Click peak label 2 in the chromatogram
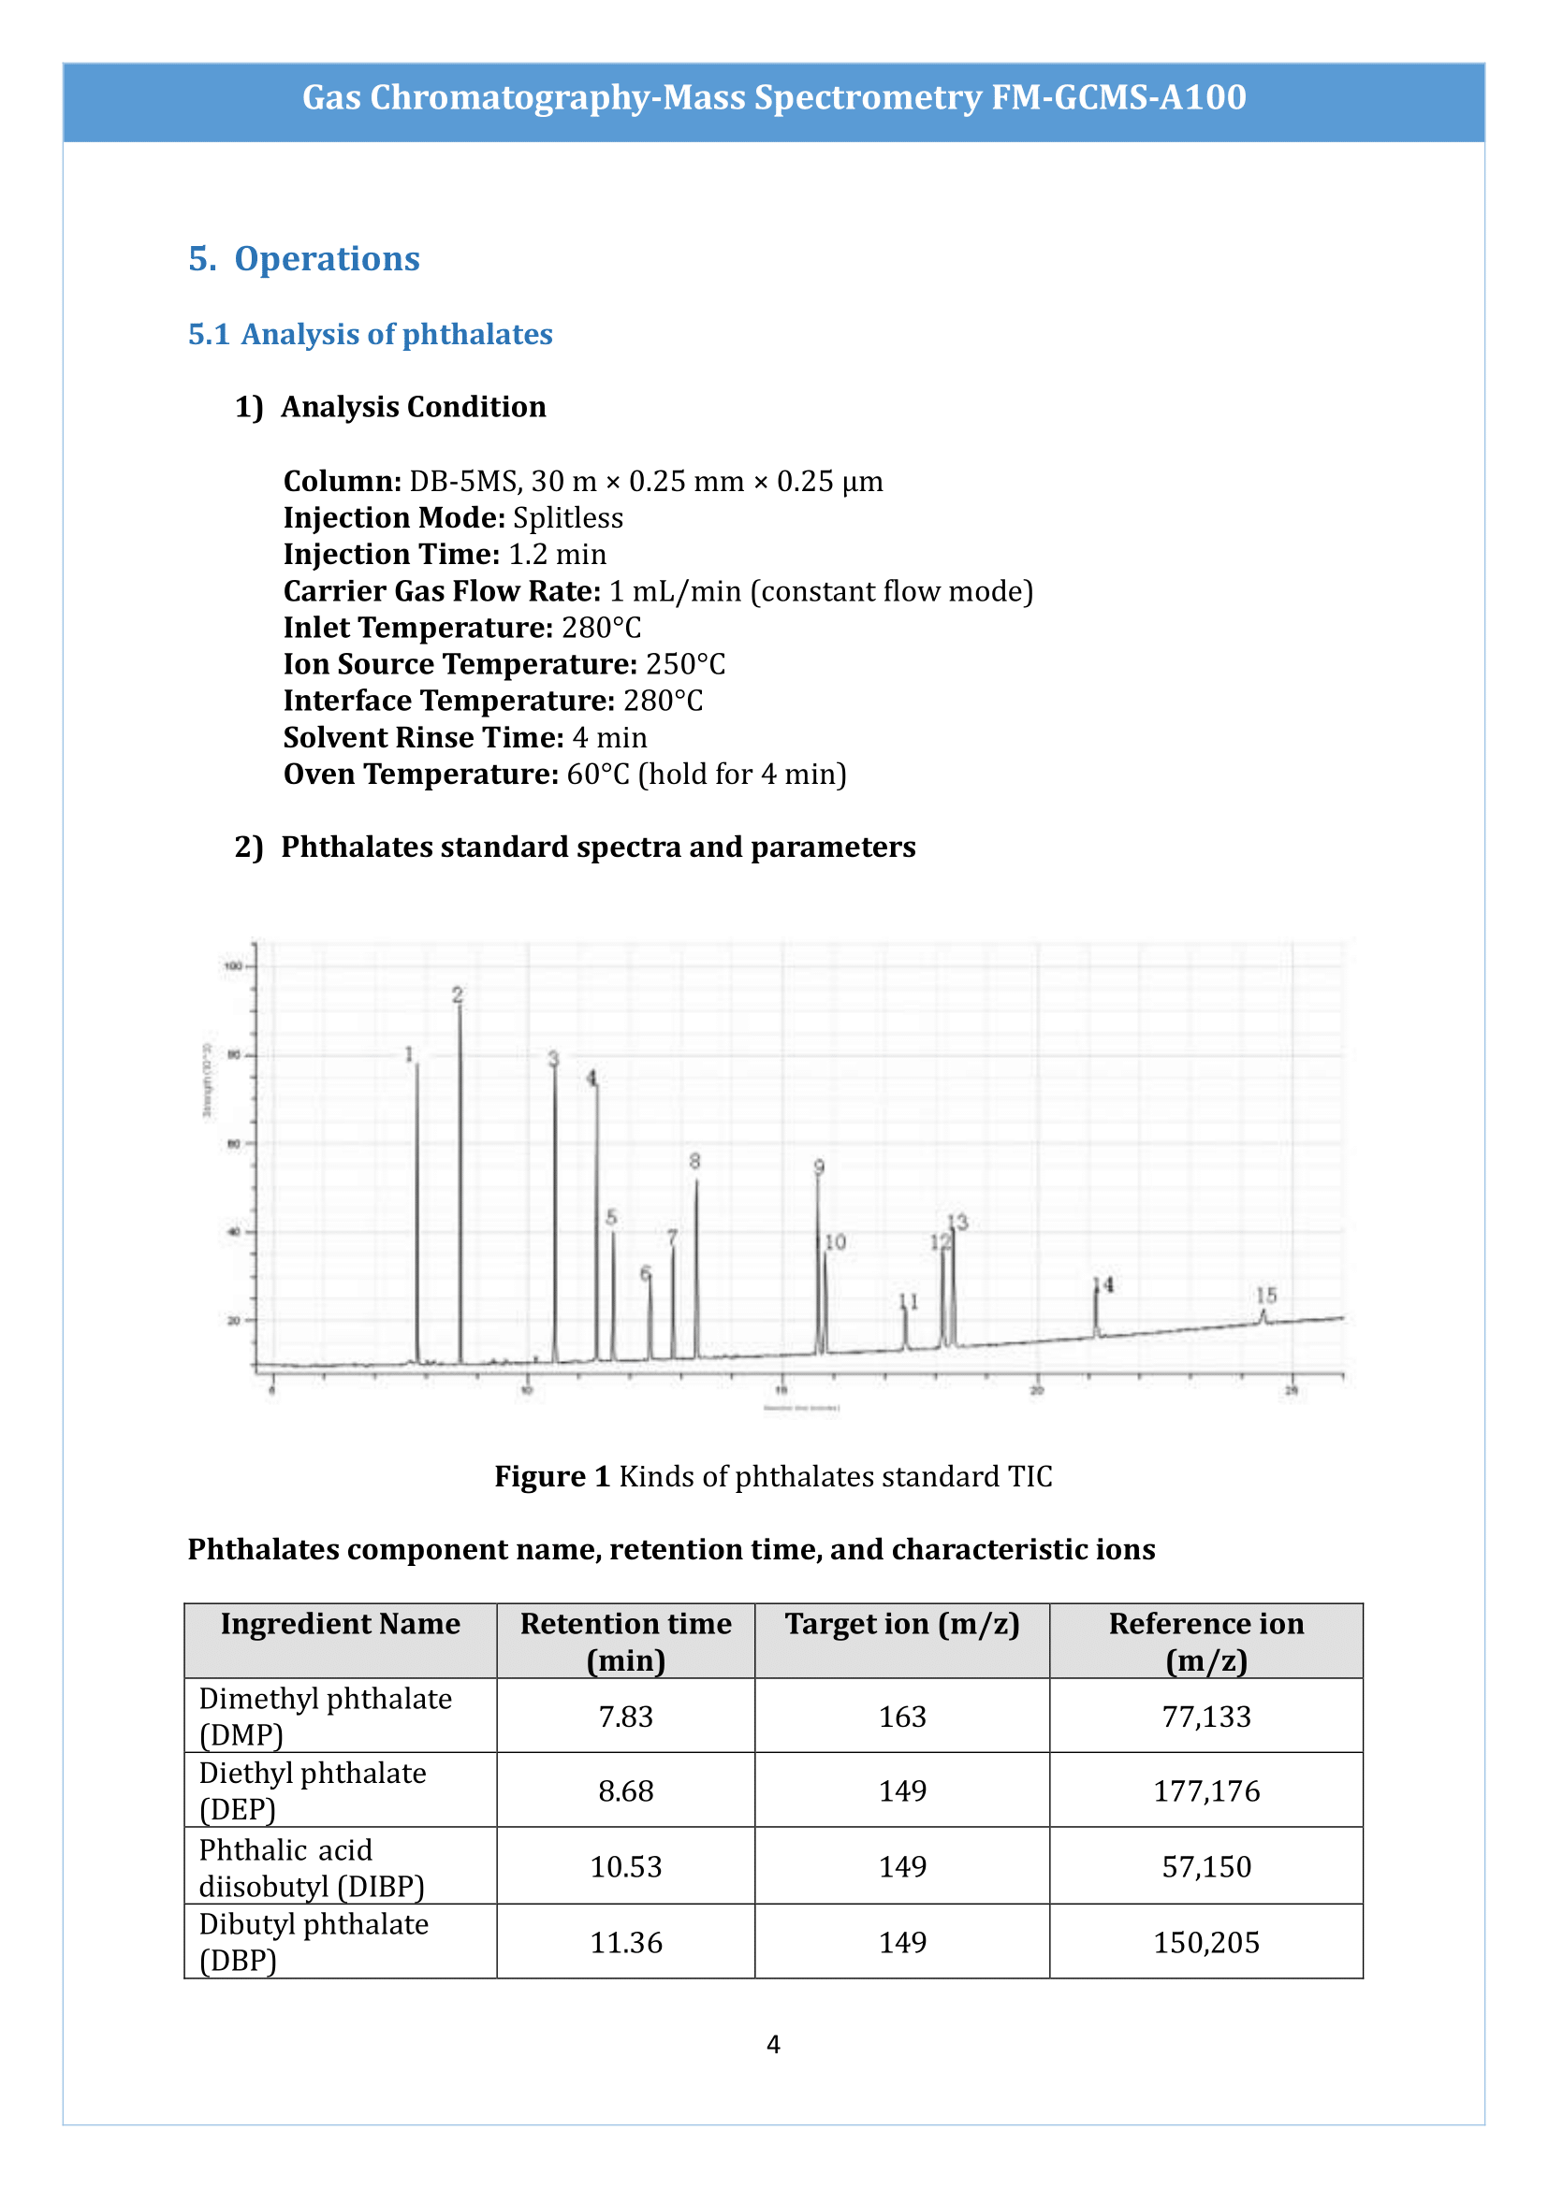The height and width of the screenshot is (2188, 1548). [x=458, y=995]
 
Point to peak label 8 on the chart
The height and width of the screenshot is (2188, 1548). [x=694, y=1161]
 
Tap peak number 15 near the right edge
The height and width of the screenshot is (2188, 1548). [x=1266, y=1295]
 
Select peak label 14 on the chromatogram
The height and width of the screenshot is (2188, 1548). [x=1103, y=1284]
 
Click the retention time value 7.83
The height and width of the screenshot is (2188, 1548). [x=625, y=1717]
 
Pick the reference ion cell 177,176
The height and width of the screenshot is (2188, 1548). [x=1205, y=1790]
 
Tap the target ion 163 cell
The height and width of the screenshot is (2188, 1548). [x=901, y=1717]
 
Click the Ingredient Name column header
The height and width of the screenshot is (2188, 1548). [x=341, y=1623]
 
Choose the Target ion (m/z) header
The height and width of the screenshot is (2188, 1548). [x=901, y=1623]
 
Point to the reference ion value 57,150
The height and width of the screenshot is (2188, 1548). [x=1205, y=1866]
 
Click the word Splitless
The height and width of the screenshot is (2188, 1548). [x=568, y=517]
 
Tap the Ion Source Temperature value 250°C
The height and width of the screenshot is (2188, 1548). [x=685, y=664]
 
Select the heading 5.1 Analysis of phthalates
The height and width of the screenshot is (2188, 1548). [x=370, y=335]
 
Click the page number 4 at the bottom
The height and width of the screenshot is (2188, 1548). [x=773, y=2044]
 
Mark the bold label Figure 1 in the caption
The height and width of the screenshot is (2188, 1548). [x=552, y=1476]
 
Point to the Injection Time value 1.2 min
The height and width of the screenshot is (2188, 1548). [x=557, y=555]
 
